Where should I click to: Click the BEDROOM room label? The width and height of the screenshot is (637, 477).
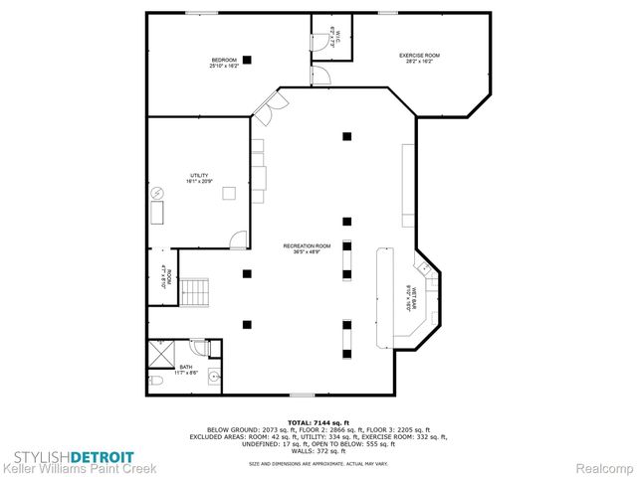(x=222, y=62)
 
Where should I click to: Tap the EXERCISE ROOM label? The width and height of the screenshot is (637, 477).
(x=418, y=58)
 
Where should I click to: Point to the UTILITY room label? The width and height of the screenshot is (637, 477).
(x=200, y=178)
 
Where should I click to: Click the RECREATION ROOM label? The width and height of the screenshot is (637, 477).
(x=306, y=247)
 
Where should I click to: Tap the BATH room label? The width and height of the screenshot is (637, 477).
(x=185, y=370)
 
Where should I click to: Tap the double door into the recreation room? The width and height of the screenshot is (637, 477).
(x=264, y=106)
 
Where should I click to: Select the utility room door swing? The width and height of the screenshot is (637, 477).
(x=238, y=238)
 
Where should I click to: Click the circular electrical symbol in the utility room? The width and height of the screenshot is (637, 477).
(x=156, y=192)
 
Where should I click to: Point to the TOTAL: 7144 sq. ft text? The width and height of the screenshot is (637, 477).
(x=318, y=421)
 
